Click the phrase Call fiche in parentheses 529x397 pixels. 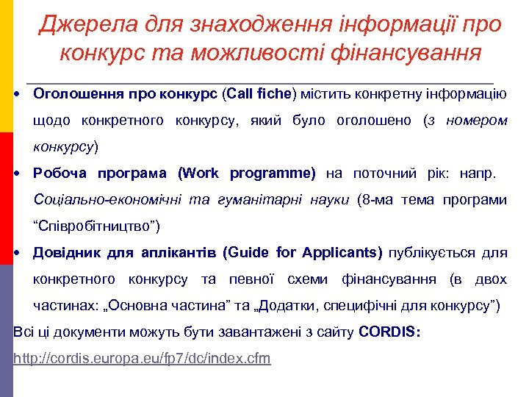[x=260, y=94]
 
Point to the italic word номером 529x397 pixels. [x=478, y=120]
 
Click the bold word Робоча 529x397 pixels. [x=60, y=174]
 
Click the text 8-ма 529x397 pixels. [x=378, y=200]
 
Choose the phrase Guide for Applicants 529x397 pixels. [x=305, y=253]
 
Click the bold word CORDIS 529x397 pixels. [x=389, y=332]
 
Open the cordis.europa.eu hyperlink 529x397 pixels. [x=143, y=359]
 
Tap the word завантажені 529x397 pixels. [x=231, y=332]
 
